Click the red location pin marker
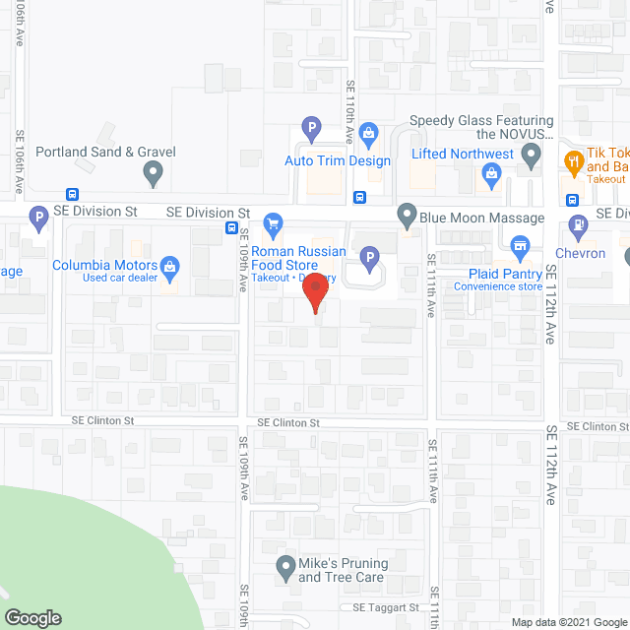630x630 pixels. point(314,292)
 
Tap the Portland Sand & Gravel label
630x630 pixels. point(105,152)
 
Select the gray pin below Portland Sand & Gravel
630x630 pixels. point(153,175)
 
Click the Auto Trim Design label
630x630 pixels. point(338,160)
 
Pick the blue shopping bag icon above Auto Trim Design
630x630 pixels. point(369,133)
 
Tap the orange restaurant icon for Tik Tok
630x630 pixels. point(572,159)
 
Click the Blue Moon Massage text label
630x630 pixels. point(482,217)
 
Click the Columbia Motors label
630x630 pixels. point(104,265)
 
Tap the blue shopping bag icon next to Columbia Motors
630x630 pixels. point(170,266)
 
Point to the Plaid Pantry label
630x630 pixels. point(498,273)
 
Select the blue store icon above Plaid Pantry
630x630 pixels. point(521,245)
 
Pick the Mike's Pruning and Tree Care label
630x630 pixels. point(343,569)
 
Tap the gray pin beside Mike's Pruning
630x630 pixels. point(285,567)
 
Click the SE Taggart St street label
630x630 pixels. point(386,607)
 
